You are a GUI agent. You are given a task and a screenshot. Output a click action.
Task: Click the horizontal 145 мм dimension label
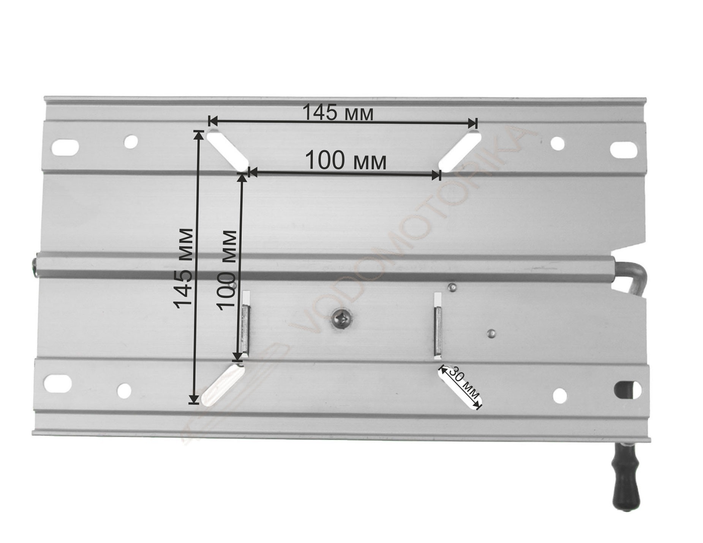[338, 112]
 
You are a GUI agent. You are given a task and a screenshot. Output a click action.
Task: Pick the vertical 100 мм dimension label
[227, 270]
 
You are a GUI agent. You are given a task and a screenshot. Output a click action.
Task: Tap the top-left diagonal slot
[227, 151]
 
